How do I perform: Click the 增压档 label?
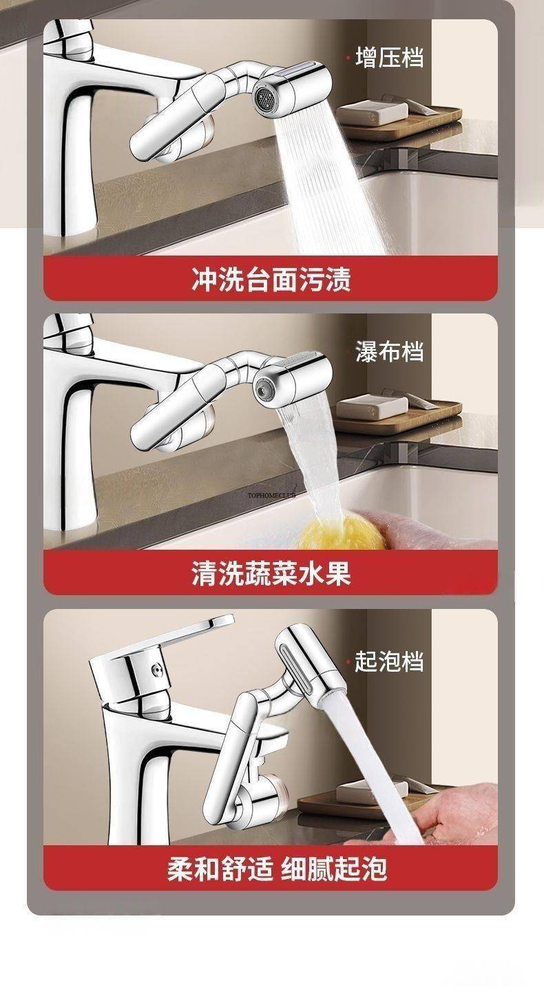pos(389,57)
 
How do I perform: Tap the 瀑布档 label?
pos(389,351)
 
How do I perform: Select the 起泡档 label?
pos(389,661)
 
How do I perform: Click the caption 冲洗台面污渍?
pos(271,280)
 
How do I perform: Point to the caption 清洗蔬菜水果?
pos(271,573)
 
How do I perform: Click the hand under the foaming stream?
pos(454,816)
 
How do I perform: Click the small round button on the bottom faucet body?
pos(156,670)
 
